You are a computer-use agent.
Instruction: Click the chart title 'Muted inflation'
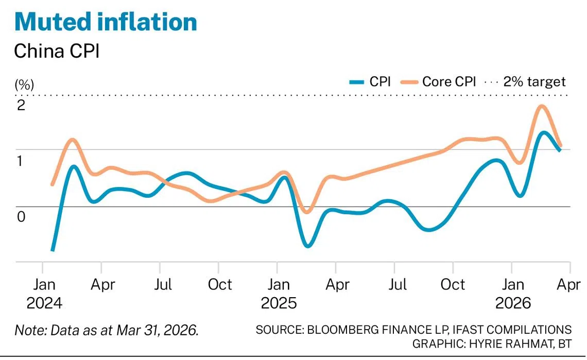(106, 22)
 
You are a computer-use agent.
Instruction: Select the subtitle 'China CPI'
(57, 51)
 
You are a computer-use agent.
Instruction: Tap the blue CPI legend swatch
(357, 82)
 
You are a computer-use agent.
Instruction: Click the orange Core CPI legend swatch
(409, 82)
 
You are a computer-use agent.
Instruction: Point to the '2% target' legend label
(534, 82)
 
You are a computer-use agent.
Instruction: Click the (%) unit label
(24, 84)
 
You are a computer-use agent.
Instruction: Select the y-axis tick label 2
(21, 105)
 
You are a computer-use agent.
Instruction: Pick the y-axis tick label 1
(20, 161)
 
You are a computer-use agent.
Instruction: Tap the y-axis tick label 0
(21, 216)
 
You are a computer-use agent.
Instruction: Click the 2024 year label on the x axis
(44, 303)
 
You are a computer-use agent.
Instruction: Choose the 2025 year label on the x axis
(279, 303)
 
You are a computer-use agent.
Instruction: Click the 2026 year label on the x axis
(513, 303)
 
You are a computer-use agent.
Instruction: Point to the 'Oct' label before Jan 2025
(220, 285)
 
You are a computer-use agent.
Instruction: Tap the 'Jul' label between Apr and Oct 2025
(398, 285)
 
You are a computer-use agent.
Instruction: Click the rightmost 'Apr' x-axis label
(568, 285)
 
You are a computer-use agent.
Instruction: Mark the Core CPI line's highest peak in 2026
(541, 107)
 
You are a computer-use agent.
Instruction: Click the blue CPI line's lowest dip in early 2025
(308, 246)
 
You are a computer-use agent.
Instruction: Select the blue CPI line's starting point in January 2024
(53, 250)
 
